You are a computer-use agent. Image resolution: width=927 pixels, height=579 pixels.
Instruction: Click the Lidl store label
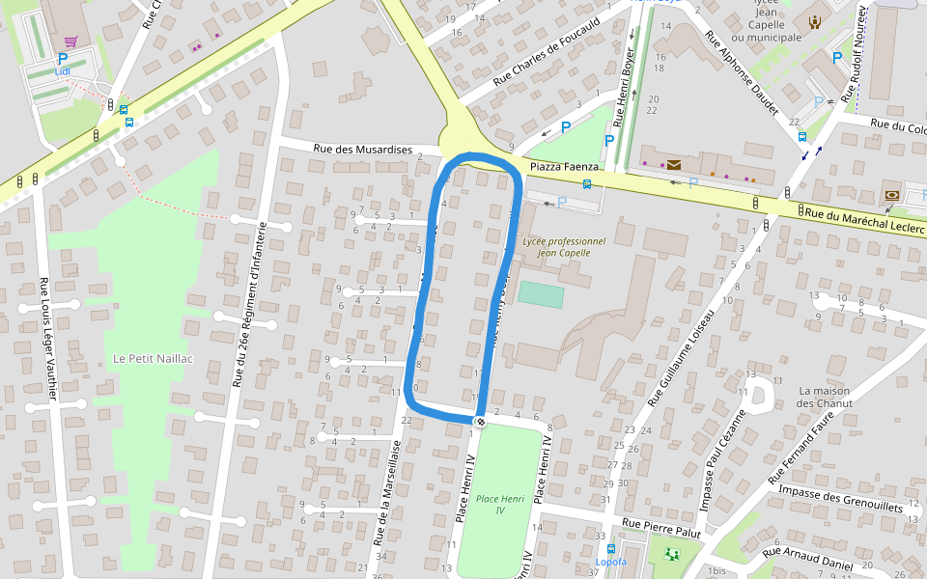64,71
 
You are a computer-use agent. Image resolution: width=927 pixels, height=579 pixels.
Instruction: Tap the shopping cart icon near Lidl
70,41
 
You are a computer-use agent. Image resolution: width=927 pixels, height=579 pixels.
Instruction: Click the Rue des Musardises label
363,150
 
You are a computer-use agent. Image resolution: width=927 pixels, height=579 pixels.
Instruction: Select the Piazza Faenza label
565,167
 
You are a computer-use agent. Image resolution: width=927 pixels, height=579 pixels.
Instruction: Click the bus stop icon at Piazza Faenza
587,183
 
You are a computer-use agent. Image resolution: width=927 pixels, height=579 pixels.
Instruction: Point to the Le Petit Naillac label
154,358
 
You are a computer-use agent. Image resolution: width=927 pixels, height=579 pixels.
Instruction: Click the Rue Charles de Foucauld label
547,51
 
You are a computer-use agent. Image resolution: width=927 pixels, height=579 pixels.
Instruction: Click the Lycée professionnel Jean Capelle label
563,247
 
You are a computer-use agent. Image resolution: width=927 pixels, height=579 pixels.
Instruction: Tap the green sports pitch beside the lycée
540,294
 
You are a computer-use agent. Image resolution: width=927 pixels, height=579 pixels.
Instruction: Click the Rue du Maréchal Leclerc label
862,219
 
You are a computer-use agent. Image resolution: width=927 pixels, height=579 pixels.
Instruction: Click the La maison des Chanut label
825,397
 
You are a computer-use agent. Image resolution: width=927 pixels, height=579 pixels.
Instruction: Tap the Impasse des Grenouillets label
840,498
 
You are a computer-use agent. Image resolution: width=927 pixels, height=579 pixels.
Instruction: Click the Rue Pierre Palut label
661,527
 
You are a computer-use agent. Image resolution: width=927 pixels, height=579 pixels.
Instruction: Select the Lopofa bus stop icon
611,548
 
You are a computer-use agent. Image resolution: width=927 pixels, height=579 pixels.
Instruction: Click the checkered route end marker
480,421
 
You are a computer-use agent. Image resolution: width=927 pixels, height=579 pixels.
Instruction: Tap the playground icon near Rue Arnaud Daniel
672,554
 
